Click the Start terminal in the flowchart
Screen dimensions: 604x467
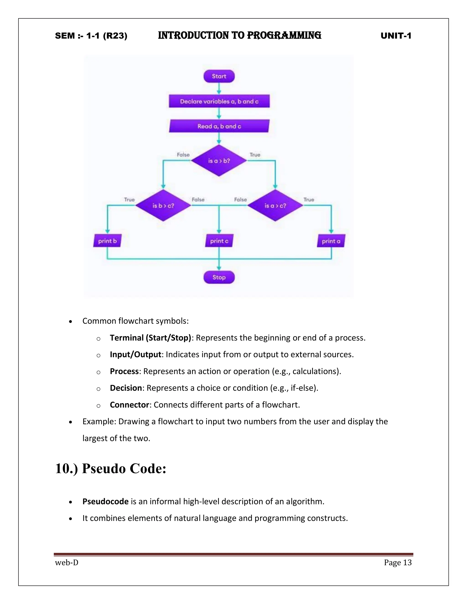(x=219, y=76)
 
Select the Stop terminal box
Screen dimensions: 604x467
(x=219, y=277)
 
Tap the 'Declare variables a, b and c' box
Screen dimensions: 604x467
(x=219, y=101)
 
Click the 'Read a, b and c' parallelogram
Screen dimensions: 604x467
(x=219, y=126)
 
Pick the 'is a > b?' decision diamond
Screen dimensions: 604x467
(x=219, y=161)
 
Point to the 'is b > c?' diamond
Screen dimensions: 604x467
(x=163, y=206)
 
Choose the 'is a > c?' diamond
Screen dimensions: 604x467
(x=275, y=206)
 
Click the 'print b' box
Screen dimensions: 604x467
(x=107, y=241)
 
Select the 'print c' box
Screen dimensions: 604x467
(x=219, y=241)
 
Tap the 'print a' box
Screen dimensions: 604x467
(x=331, y=241)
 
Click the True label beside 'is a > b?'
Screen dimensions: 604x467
(x=255, y=155)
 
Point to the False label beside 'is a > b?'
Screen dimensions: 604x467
(x=183, y=155)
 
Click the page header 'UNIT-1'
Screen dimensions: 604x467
(x=396, y=36)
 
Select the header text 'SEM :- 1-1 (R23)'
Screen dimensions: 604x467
(x=91, y=36)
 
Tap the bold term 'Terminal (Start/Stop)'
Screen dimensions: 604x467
(x=150, y=338)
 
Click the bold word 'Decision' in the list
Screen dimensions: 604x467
(x=126, y=388)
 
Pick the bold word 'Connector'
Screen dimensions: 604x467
(x=130, y=405)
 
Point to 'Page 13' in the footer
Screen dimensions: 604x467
(x=397, y=562)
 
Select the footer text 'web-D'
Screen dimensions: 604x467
(x=67, y=562)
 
